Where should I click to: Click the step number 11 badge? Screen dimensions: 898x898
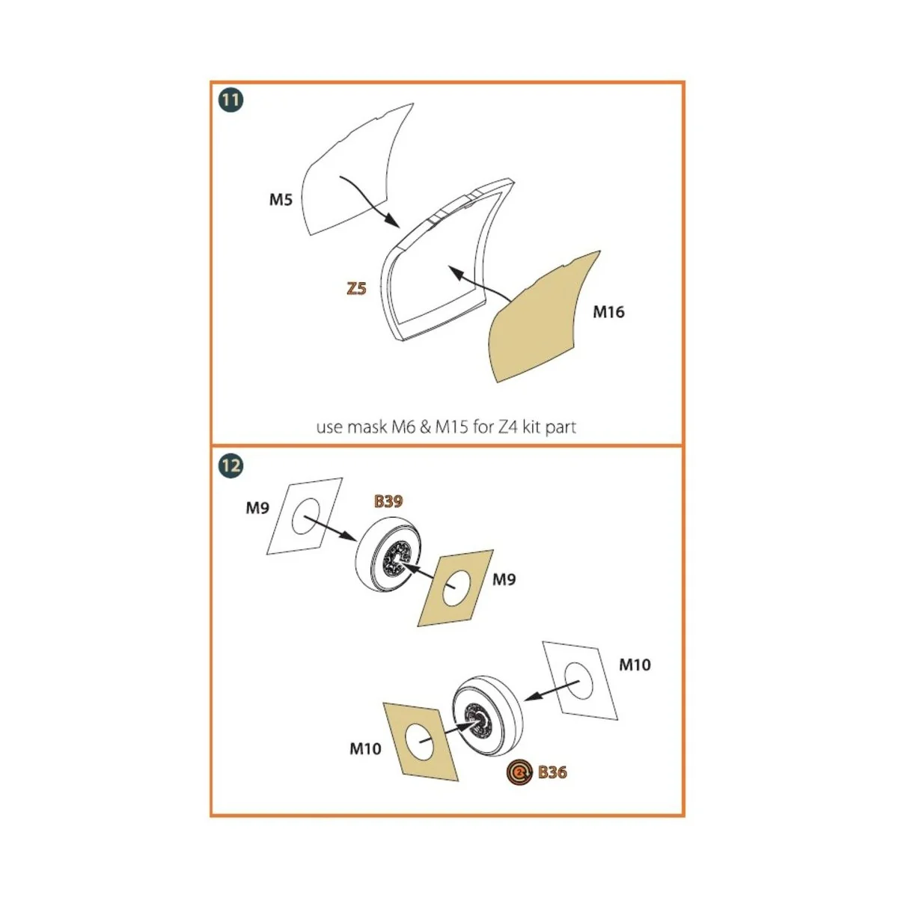point(231,100)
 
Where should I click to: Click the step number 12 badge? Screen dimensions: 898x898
point(231,466)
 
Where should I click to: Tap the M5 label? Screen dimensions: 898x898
point(281,200)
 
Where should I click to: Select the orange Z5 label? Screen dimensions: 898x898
point(356,288)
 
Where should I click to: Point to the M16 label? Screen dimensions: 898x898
point(608,312)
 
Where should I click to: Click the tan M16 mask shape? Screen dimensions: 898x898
point(543,322)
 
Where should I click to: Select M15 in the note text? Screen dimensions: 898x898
point(452,427)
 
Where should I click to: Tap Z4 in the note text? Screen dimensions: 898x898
point(508,427)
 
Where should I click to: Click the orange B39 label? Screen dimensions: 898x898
point(388,501)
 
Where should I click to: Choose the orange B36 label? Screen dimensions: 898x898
point(552,772)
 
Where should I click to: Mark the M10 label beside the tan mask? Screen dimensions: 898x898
point(365,748)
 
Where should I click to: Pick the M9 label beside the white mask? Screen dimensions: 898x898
point(257,508)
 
